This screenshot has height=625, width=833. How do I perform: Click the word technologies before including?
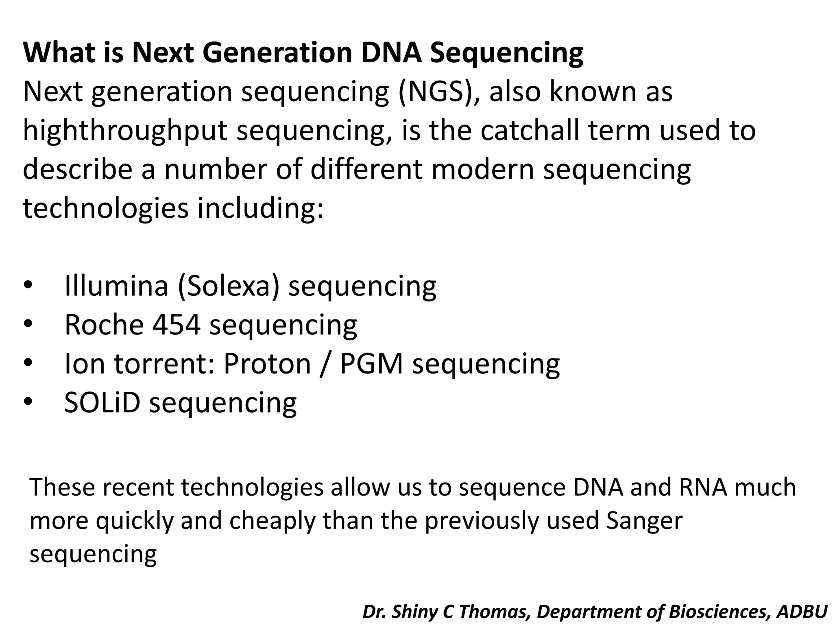click(106, 208)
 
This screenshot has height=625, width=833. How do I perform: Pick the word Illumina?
click(116, 286)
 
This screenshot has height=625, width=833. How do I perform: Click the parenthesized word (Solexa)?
click(229, 286)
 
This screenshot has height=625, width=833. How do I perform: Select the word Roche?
click(104, 325)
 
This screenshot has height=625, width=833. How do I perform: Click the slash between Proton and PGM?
click(325, 364)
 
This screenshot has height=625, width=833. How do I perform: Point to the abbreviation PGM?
click(371, 364)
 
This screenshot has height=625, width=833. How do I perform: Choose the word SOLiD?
click(102, 402)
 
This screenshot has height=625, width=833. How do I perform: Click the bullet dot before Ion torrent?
click(28, 363)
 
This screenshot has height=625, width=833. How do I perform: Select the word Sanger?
click(644, 520)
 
